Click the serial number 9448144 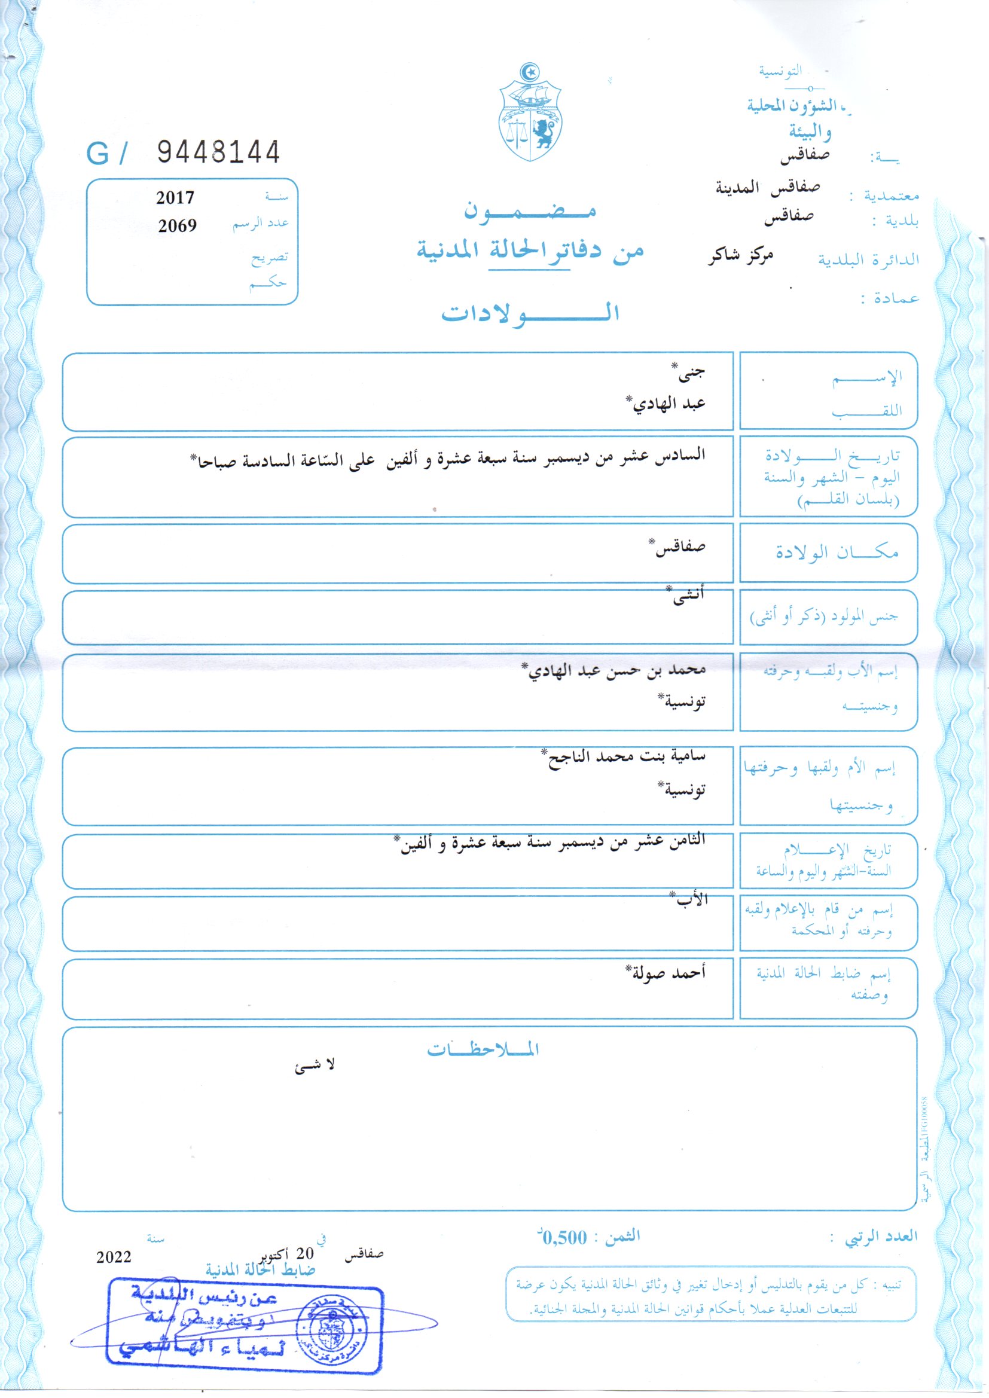pos(219,152)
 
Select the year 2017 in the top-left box pos(175,198)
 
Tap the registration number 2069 pos(177,226)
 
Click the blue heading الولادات pos(530,313)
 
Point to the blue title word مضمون pos(530,210)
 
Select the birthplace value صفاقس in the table pos(680,547)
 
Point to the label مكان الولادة pos(837,553)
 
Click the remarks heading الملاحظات pos(483,1050)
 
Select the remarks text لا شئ pos(315,1066)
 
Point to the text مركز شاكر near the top pos(740,257)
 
